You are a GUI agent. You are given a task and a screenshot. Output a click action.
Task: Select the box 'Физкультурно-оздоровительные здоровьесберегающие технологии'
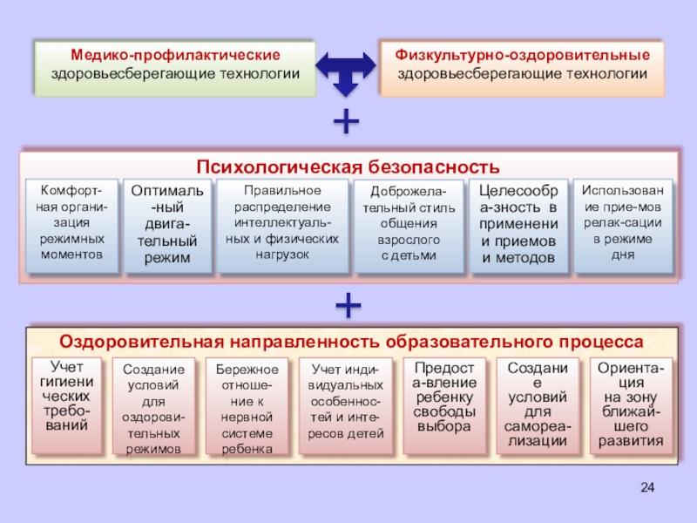tap(521, 65)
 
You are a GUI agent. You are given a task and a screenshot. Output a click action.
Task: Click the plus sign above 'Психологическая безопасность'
tap(347, 122)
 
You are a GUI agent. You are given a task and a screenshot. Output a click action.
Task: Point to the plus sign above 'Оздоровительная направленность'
tap(348, 305)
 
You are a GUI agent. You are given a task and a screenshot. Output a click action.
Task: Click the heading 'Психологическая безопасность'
tap(348, 166)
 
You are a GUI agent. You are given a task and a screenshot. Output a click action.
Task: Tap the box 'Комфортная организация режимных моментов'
tap(71, 225)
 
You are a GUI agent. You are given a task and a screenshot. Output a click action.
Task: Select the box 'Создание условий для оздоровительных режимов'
tap(153, 405)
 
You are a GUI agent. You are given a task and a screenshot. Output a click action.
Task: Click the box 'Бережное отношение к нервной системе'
tap(247, 405)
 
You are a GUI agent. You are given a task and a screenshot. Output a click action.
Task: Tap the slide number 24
tap(646, 486)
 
